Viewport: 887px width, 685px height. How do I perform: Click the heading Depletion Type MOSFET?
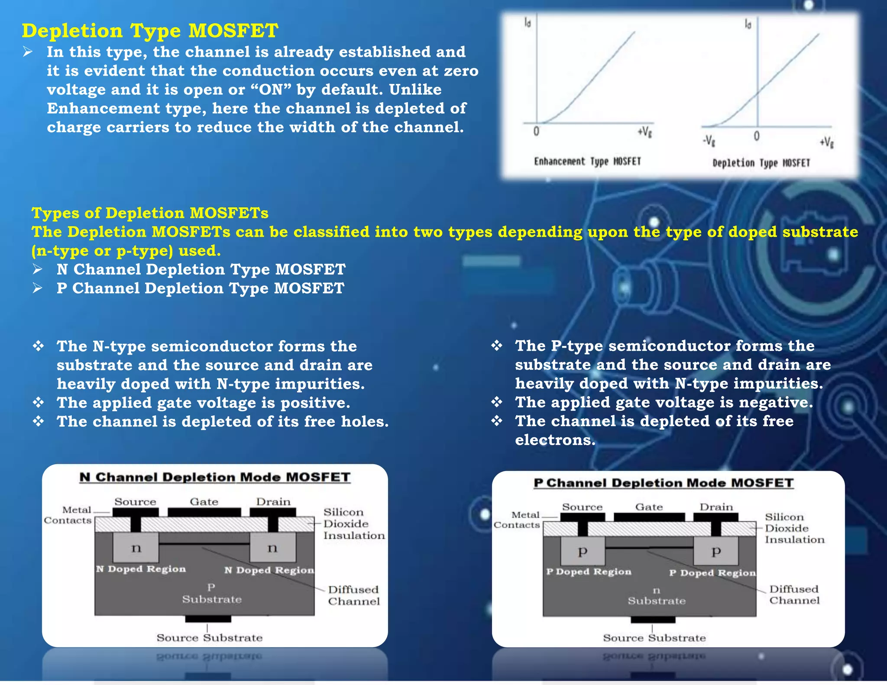tap(150, 31)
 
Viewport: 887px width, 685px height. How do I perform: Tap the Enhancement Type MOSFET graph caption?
tap(587, 162)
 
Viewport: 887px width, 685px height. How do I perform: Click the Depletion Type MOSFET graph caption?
tap(761, 163)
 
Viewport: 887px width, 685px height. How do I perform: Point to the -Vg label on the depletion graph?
tap(709, 141)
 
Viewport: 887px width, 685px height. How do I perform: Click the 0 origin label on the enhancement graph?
tap(536, 132)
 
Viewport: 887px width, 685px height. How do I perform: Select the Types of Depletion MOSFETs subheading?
tap(150, 213)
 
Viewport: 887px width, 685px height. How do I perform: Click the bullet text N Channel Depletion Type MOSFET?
tap(201, 269)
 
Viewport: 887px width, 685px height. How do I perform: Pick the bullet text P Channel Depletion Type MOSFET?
tap(200, 288)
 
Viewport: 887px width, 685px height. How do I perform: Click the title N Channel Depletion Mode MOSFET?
tap(215, 477)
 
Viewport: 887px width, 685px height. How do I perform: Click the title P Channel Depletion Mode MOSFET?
tap(664, 483)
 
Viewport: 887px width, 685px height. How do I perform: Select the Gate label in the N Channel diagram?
tap(204, 502)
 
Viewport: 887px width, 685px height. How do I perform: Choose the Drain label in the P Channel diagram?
tap(716, 507)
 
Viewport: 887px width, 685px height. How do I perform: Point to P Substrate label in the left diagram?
tap(211, 594)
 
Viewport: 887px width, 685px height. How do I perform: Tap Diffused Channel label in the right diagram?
tap(794, 595)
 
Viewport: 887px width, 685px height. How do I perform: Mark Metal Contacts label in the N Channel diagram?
tap(68, 515)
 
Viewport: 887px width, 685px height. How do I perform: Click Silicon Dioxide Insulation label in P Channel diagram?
tap(794, 528)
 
